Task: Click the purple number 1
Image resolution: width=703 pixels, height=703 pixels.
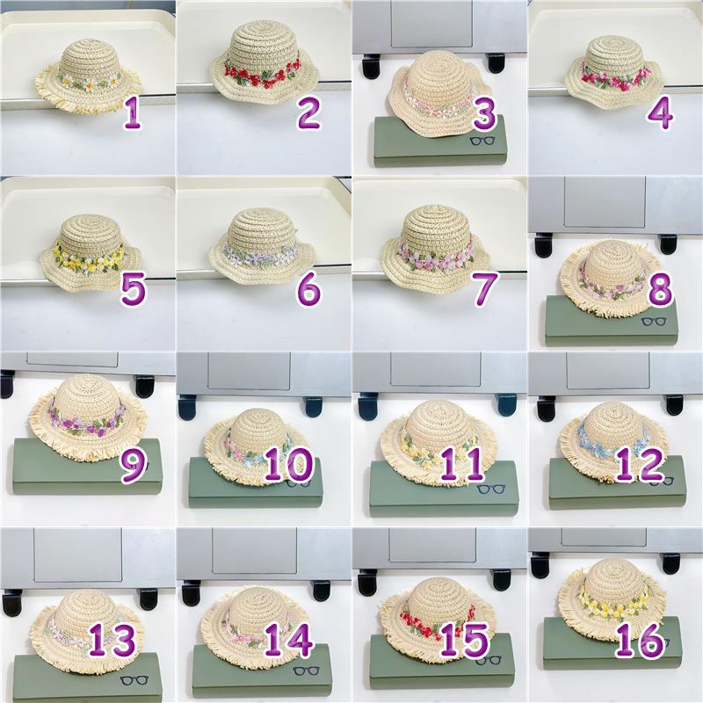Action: click(x=132, y=113)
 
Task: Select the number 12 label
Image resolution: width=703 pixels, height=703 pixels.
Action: click(x=640, y=465)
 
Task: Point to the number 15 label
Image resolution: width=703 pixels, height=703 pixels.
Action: click(x=464, y=641)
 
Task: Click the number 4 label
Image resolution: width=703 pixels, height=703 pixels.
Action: click(x=660, y=113)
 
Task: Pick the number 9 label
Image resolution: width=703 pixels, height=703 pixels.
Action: click(x=133, y=466)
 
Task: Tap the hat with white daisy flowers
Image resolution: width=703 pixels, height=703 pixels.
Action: click(x=88, y=81)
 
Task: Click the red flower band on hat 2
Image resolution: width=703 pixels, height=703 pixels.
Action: click(x=263, y=74)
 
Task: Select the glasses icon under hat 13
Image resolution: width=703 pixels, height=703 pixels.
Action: click(x=135, y=679)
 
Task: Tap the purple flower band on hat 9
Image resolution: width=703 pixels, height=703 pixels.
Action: click(x=87, y=422)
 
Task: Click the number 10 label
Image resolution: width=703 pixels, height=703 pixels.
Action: click(x=288, y=464)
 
